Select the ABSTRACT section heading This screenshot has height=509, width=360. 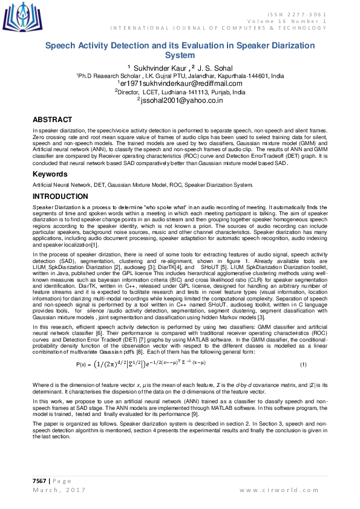coord(52,120)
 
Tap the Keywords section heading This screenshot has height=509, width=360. coord(50,174)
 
